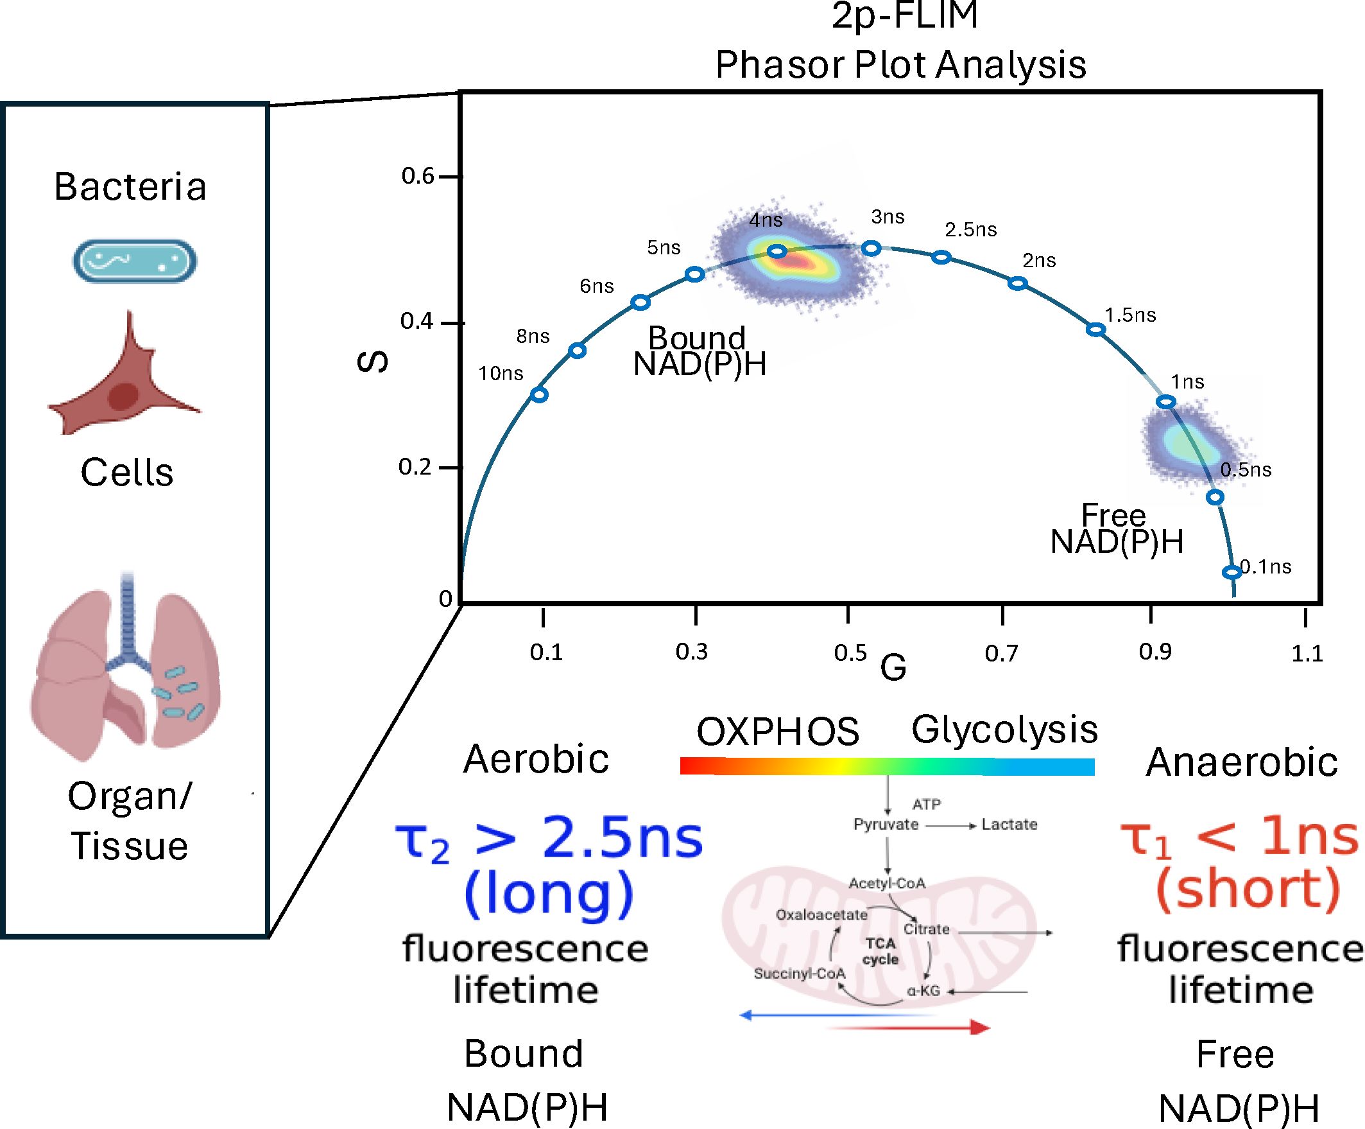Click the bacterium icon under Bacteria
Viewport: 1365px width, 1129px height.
click(x=134, y=261)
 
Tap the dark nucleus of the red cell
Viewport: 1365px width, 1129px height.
click(x=123, y=396)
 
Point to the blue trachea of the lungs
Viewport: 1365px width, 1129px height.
click(x=128, y=618)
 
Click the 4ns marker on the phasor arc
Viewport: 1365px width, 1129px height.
click(x=777, y=251)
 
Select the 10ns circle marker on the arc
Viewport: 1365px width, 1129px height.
click(x=539, y=394)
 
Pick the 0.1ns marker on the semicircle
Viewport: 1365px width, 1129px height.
click(x=1231, y=572)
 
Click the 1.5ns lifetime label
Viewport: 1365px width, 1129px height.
click(x=1130, y=315)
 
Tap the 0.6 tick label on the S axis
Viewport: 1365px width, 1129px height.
click(x=417, y=175)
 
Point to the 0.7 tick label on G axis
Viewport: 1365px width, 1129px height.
click(x=1001, y=653)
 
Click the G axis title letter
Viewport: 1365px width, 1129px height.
click(x=893, y=668)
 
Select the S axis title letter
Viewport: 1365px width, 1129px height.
click(x=373, y=362)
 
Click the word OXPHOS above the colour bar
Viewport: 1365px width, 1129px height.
click(x=777, y=731)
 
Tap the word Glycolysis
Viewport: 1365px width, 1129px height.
click(x=1004, y=730)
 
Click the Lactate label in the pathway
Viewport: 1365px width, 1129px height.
click(x=1009, y=825)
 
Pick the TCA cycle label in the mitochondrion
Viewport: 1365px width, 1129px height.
click(x=880, y=951)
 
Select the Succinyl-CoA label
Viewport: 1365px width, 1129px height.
click(x=800, y=974)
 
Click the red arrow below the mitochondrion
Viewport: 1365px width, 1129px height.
click(x=910, y=1028)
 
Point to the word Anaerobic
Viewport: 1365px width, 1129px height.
click(x=1242, y=762)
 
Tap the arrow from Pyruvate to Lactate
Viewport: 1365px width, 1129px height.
click(x=950, y=826)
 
